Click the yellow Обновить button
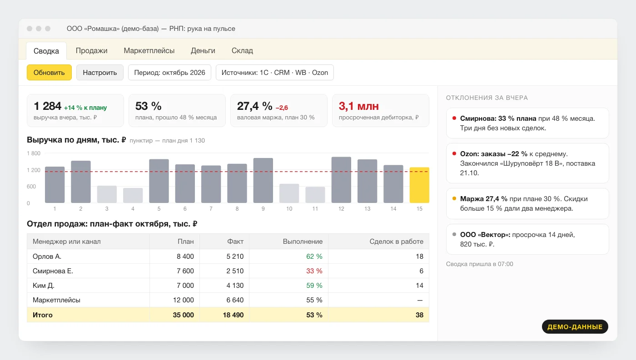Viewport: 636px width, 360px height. [x=49, y=72]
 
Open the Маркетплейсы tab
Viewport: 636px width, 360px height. [x=149, y=50]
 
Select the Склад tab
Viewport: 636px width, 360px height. [x=242, y=50]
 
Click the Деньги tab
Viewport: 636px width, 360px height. [x=203, y=50]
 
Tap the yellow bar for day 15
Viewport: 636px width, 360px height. [x=419, y=185]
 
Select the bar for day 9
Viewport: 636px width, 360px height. [x=263, y=180]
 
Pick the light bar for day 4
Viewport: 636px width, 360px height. [x=133, y=195]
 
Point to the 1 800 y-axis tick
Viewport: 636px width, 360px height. [x=34, y=153]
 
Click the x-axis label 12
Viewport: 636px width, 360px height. [x=341, y=209]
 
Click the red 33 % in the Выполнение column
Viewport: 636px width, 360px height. [x=314, y=271]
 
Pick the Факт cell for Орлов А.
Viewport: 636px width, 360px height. [x=235, y=256]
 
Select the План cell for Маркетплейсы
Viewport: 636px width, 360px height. [x=183, y=300]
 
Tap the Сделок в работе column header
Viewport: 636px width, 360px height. [x=396, y=242]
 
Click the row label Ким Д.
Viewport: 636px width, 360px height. [x=44, y=286]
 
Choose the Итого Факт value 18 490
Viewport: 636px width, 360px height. [x=233, y=315]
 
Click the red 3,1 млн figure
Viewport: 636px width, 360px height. [x=358, y=106]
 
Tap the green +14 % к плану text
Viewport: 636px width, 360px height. [x=85, y=108]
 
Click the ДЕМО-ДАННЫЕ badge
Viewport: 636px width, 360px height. [x=575, y=327]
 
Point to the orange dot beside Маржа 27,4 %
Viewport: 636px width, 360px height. [x=454, y=198]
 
